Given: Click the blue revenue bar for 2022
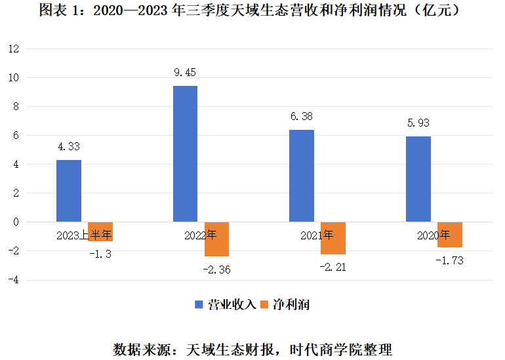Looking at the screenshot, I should click(x=185, y=153).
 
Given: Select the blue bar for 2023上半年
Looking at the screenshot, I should click(x=69, y=191).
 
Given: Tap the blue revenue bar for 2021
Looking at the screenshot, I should click(x=302, y=176).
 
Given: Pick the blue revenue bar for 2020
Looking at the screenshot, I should click(x=418, y=179).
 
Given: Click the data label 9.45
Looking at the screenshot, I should click(x=185, y=73).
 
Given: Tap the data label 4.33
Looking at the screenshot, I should click(x=69, y=147).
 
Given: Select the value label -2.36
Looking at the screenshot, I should click(x=216, y=269).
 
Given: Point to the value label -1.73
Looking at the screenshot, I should click(x=450, y=260).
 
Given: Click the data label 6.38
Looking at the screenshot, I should click(x=302, y=117).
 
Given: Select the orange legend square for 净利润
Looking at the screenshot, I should click(x=265, y=305).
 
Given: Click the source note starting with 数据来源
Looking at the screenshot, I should click(x=253, y=347).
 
